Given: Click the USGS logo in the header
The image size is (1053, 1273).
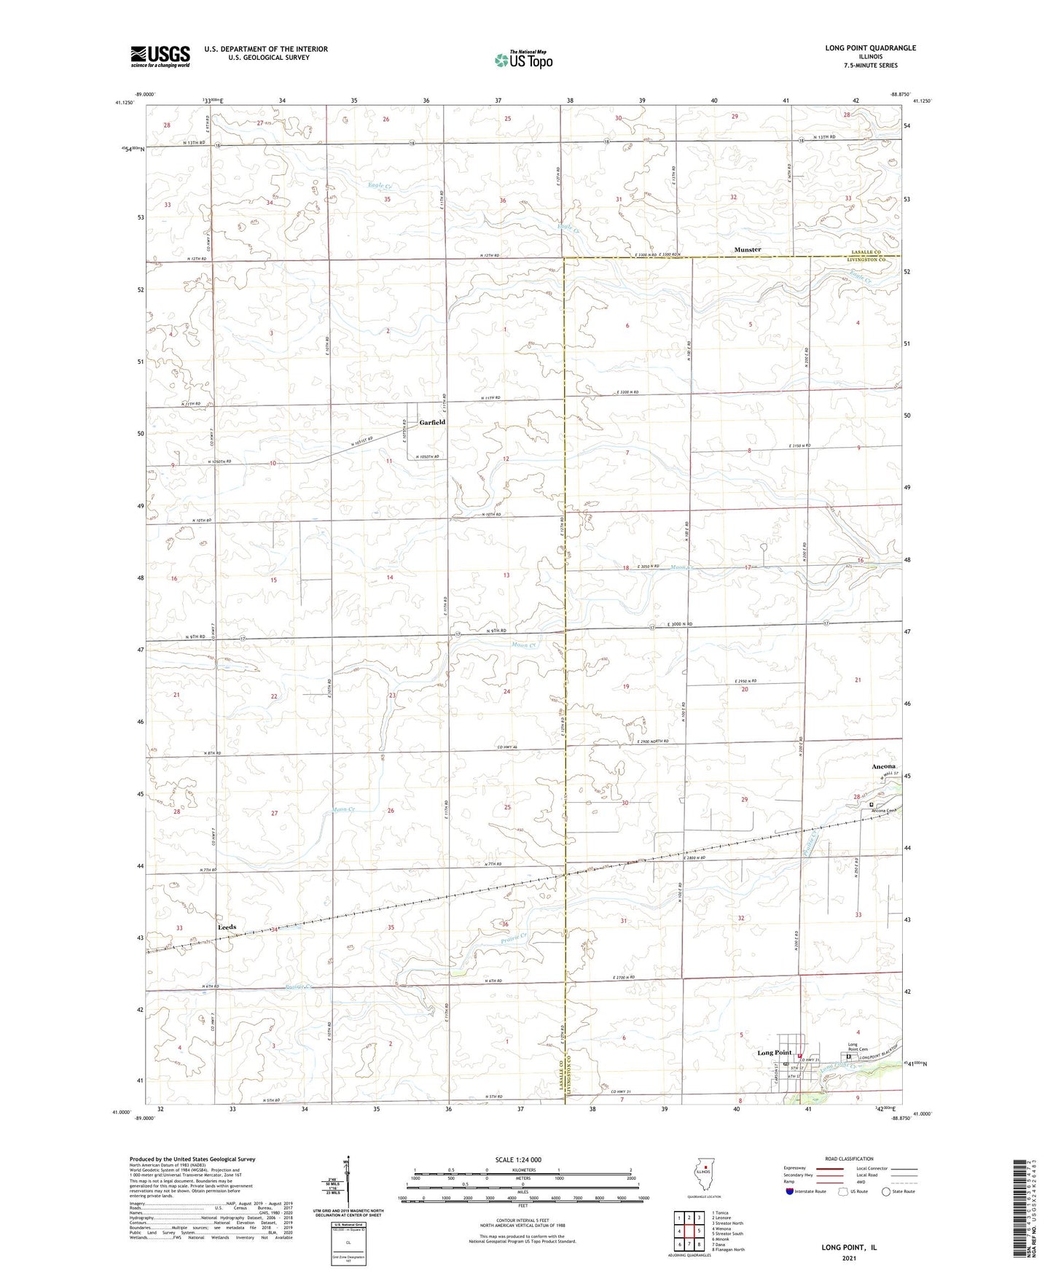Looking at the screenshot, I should coord(160,56).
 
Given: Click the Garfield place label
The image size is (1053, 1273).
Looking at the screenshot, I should coord(431,422).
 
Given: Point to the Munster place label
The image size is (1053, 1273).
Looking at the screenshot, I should coord(747,249).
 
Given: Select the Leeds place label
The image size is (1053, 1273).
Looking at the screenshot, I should coord(227,927).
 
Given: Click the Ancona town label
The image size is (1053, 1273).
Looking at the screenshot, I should coord(884,766).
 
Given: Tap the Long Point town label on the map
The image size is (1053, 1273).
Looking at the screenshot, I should coord(774,1053).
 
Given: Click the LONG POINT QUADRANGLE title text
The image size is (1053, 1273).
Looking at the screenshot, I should coord(870,48).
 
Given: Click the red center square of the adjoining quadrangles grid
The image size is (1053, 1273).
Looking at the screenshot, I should coord(686,1231).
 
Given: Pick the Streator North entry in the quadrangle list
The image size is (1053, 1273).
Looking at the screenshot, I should coord(729,1223).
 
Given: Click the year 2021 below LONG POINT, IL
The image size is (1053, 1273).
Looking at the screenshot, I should coord(848,1258).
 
